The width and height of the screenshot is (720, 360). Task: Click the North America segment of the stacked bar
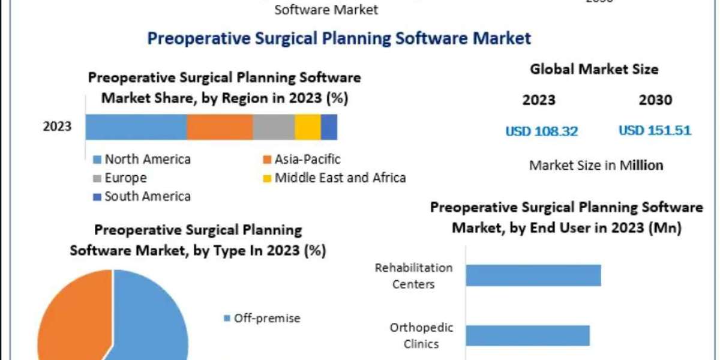136,127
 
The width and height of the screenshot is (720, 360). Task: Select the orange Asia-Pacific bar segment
219,127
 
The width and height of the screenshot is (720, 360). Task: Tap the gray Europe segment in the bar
273,127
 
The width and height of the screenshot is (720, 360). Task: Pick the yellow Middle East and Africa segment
307,127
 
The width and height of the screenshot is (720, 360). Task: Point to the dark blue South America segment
329,127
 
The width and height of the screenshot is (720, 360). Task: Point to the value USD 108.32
541,131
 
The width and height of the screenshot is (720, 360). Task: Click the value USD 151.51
655,130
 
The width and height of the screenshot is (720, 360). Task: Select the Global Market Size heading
594,70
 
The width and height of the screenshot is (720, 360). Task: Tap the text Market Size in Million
596,165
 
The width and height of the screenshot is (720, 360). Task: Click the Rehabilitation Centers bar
533,275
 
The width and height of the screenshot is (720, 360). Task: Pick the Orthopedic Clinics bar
527,335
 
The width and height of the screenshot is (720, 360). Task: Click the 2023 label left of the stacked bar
57,127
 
